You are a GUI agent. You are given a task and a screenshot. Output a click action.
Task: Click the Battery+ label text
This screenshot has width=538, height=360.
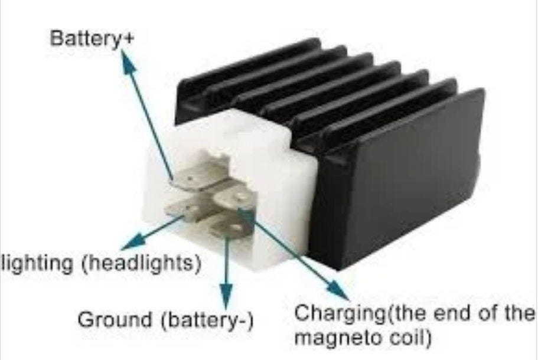[x=93, y=39]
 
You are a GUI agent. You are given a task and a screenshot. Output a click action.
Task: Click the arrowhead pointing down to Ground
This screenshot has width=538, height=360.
[x=225, y=292]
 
